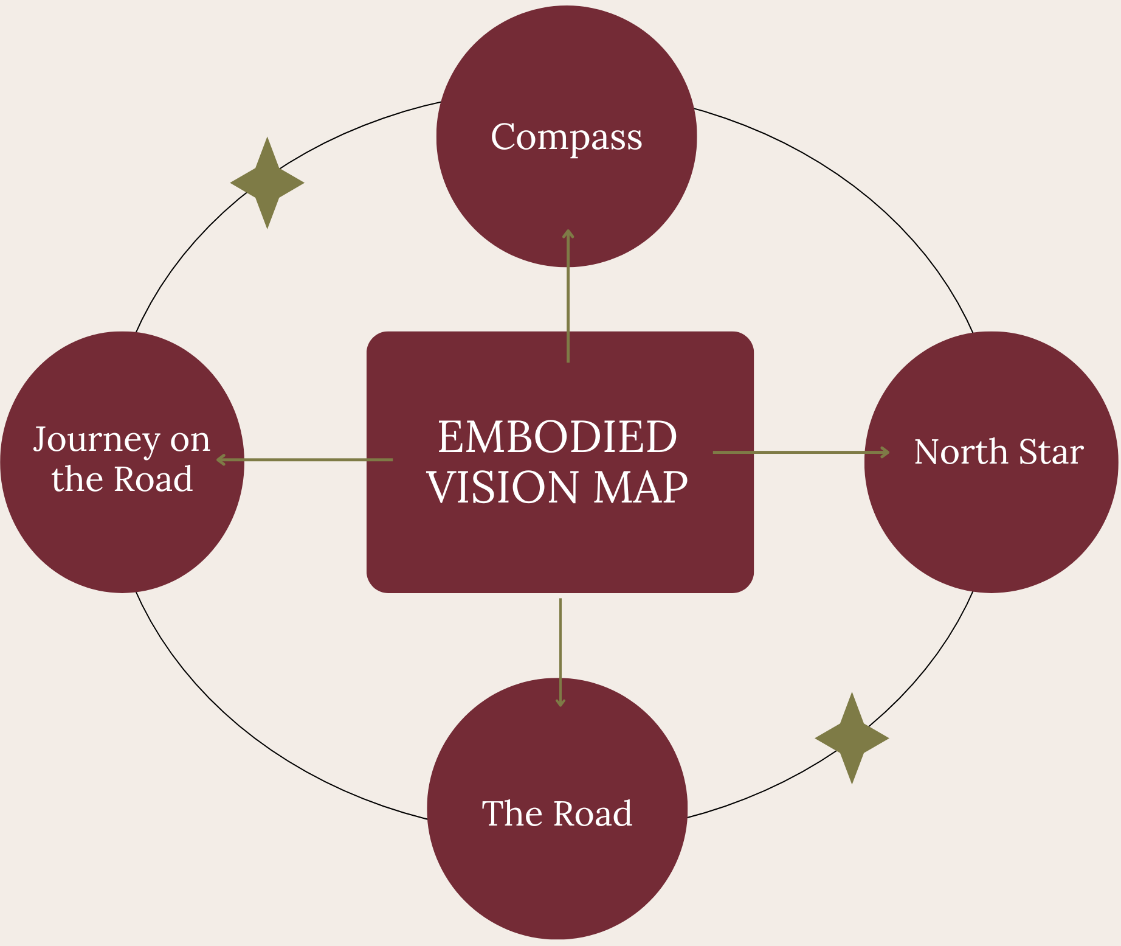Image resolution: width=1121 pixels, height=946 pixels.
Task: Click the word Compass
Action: click(566, 137)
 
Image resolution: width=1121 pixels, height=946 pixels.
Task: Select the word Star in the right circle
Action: click(1051, 452)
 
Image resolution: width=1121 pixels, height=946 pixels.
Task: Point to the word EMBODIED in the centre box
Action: click(557, 437)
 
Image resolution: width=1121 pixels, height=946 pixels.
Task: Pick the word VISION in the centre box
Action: click(502, 487)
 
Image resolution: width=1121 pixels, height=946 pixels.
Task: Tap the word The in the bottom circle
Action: click(508, 813)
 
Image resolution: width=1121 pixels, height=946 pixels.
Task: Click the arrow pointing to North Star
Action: click(801, 452)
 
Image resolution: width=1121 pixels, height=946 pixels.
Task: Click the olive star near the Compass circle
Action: click(267, 183)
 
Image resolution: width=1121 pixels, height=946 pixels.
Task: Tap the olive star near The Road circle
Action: click(852, 738)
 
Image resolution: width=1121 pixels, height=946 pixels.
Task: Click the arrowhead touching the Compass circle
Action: click(568, 232)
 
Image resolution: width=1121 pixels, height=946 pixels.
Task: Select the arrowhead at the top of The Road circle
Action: click(560, 703)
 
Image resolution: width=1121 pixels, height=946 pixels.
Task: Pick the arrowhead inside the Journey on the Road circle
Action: click(221, 460)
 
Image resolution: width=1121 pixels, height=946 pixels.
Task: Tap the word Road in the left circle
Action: click(153, 479)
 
